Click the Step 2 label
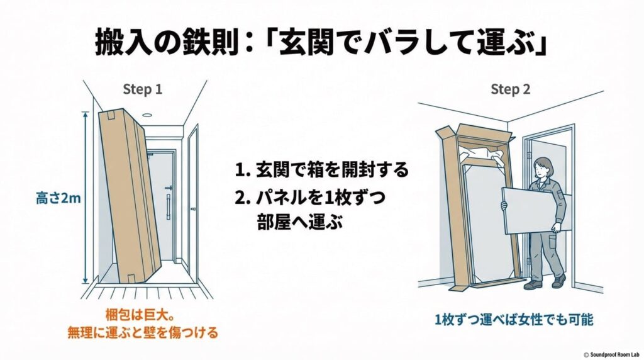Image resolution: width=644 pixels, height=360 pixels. (510, 89)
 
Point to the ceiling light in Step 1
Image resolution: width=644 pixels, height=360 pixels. (147, 115)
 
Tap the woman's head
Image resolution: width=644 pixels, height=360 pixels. (541, 166)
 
